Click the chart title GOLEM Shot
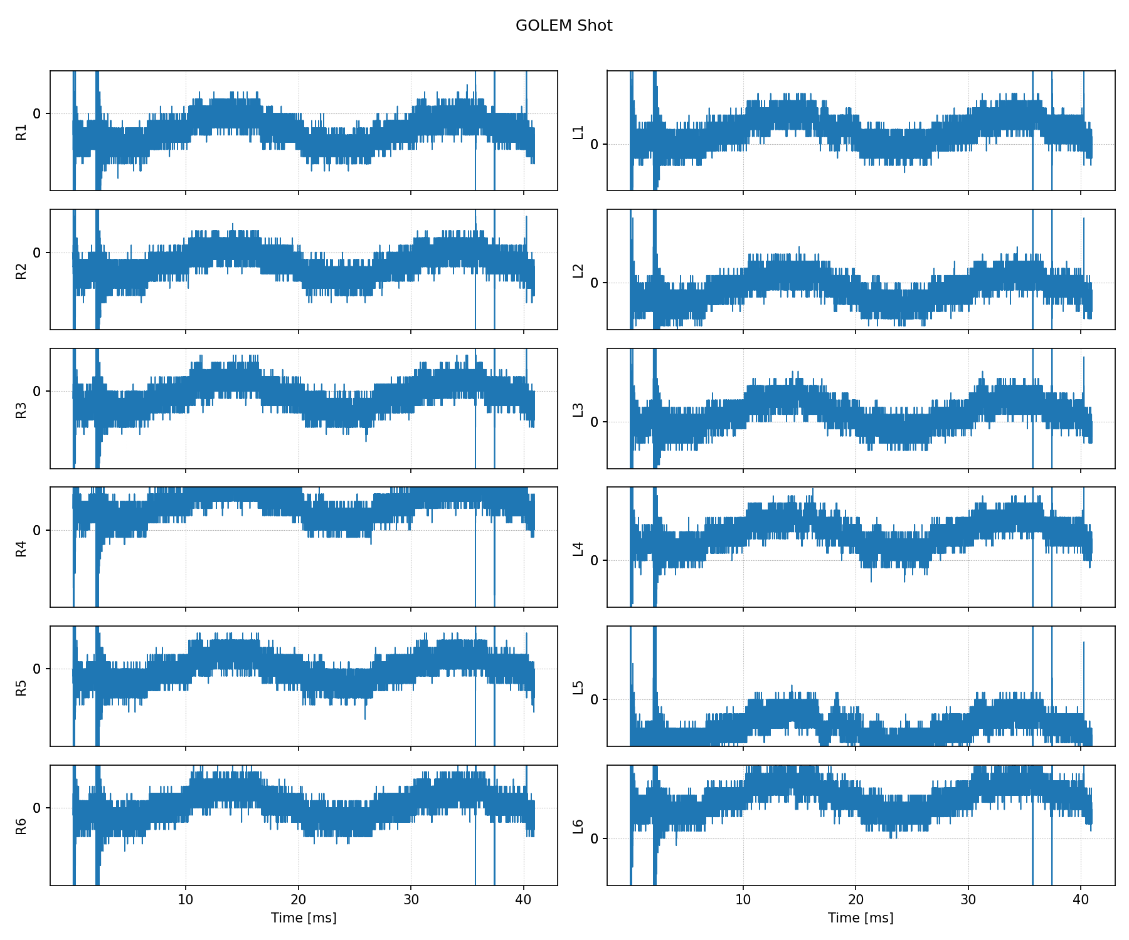[x=564, y=26]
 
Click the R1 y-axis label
[x=21, y=132]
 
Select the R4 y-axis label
[x=21, y=548]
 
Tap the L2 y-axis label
[x=578, y=271]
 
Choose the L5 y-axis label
[x=578, y=687]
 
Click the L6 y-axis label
[x=578, y=827]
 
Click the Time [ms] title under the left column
[x=304, y=918]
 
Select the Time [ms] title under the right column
[x=861, y=918]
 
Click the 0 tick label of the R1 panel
[x=37, y=113]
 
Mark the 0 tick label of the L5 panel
[x=595, y=699]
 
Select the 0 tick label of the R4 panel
[x=37, y=530]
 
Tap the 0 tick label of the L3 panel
[x=595, y=422]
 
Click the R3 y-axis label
[x=21, y=410]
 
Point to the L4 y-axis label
[x=578, y=548]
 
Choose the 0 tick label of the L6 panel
[x=595, y=838]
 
